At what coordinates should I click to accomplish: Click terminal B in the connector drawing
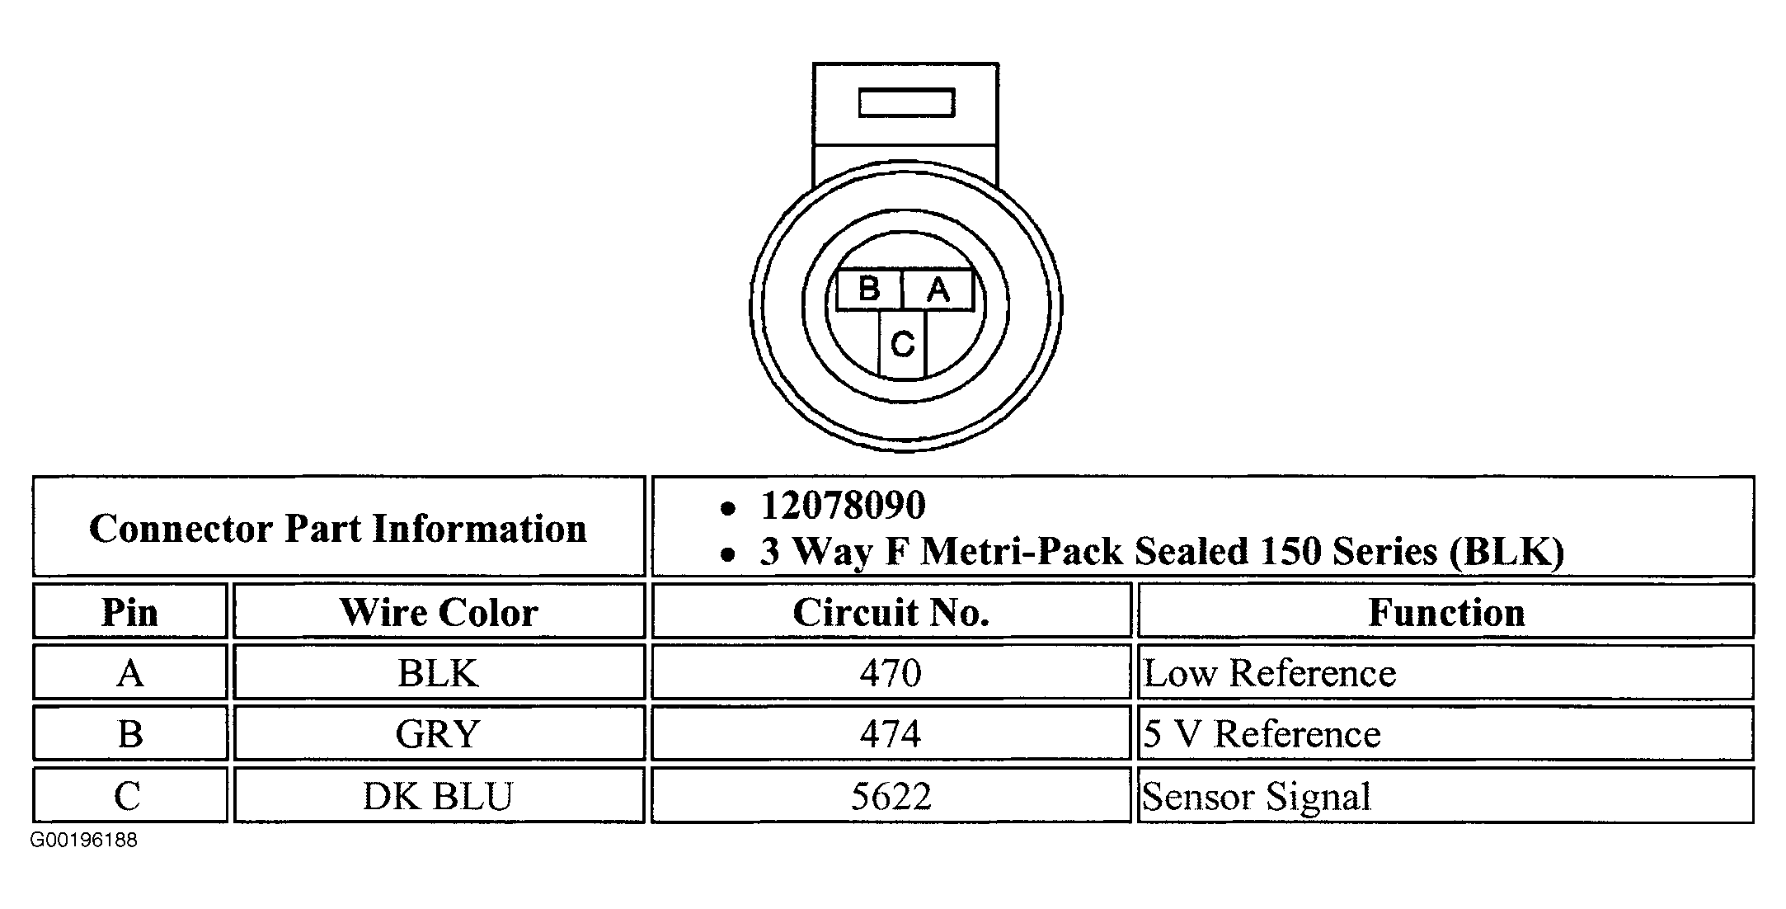pyautogui.click(x=869, y=290)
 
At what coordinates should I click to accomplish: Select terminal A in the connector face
pyautogui.click(x=938, y=290)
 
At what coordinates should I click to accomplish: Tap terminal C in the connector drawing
pyautogui.click(x=903, y=344)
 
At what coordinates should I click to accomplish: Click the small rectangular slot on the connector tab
pyautogui.click(x=906, y=103)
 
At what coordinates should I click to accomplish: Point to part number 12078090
pyautogui.click(x=843, y=505)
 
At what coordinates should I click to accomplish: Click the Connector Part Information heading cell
pyautogui.click(x=338, y=526)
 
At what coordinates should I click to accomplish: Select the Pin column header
pyautogui.click(x=129, y=611)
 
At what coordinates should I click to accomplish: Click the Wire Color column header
pyautogui.click(x=439, y=611)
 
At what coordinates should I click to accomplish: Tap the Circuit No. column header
pyautogui.click(x=891, y=611)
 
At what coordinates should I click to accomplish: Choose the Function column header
pyautogui.click(x=1446, y=611)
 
